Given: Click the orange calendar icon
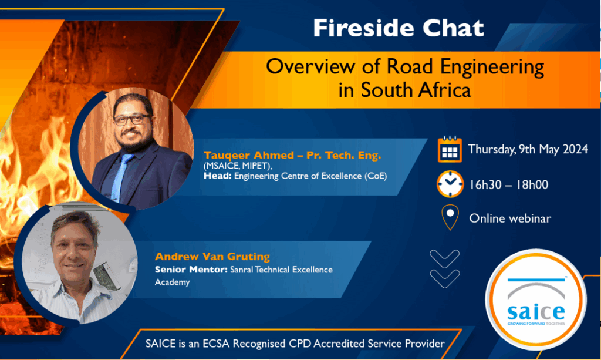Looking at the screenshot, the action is pyautogui.click(x=450, y=150).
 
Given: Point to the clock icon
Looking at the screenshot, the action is pyautogui.click(x=450, y=184).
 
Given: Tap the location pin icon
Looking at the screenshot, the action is pyautogui.click(x=450, y=217).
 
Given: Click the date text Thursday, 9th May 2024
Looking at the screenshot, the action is pyautogui.click(x=528, y=149).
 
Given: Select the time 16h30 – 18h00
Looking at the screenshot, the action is pyautogui.click(x=509, y=185).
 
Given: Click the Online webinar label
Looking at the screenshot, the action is pyautogui.click(x=510, y=218).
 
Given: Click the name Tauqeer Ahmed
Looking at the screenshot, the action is pyautogui.click(x=249, y=155).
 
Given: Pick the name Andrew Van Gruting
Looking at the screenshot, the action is pyautogui.click(x=212, y=257).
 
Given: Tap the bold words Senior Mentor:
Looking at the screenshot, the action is pyautogui.click(x=191, y=270).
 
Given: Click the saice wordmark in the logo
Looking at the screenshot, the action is pyautogui.click(x=536, y=312).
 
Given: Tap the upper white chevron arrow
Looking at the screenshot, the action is pyautogui.click(x=445, y=259).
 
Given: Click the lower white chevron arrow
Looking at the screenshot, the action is pyautogui.click(x=445, y=279).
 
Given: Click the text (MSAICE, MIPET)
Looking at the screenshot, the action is pyautogui.click(x=238, y=166).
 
